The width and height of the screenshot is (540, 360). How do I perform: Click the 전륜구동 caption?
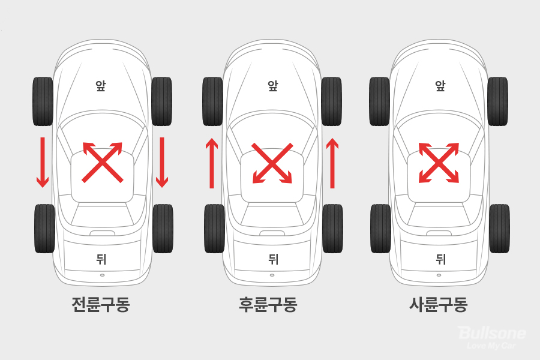click(x=101, y=304)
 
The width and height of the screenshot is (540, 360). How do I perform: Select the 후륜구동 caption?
click(x=268, y=304)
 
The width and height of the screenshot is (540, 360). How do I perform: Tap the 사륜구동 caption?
click(x=439, y=304)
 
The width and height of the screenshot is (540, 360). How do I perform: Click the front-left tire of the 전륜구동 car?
click(x=43, y=101)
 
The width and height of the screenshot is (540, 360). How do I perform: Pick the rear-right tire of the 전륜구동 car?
click(x=163, y=229)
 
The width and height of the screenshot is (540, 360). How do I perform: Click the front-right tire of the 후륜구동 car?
click(x=331, y=101)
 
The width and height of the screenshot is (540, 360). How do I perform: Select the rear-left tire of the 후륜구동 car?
click(x=214, y=229)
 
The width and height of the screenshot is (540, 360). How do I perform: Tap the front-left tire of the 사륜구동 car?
click(x=380, y=101)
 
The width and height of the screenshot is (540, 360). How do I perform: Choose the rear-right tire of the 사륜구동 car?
click(x=499, y=229)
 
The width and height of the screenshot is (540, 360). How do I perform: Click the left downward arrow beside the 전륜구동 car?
click(x=43, y=162)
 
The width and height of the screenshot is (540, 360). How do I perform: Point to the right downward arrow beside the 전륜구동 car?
click(x=162, y=162)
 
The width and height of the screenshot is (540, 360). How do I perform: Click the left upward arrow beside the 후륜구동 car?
click(x=212, y=163)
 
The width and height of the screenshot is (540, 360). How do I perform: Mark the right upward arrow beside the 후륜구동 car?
click(x=332, y=163)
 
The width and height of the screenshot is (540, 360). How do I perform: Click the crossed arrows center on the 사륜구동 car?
click(x=439, y=163)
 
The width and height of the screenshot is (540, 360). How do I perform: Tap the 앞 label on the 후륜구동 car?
click(x=272, y=85)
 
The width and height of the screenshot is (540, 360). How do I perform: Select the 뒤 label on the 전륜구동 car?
click(x=101, y=259)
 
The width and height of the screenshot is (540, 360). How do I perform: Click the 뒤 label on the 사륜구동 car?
click(x=441, y=259)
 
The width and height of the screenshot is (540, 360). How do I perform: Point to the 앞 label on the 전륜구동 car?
click(x=101, y=85)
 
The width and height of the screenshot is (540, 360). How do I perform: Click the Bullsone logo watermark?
click(x=492, y=337)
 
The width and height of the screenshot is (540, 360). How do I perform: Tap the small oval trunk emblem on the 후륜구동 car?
click(x=272, y=275)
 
